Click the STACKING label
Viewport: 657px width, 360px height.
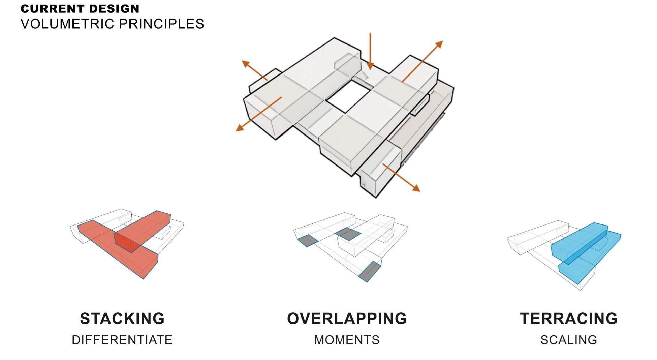click(122, 319)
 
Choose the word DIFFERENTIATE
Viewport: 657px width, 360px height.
click(122, 340)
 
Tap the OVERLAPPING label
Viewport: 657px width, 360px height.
click(347, 319)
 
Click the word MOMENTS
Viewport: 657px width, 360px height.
click(347, 340)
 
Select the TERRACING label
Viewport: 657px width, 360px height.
click(569, 319)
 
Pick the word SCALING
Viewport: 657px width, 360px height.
click(569, 340)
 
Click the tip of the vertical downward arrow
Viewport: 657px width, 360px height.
click(370, 69)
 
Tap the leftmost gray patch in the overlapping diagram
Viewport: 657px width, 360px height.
click(307, 241)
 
